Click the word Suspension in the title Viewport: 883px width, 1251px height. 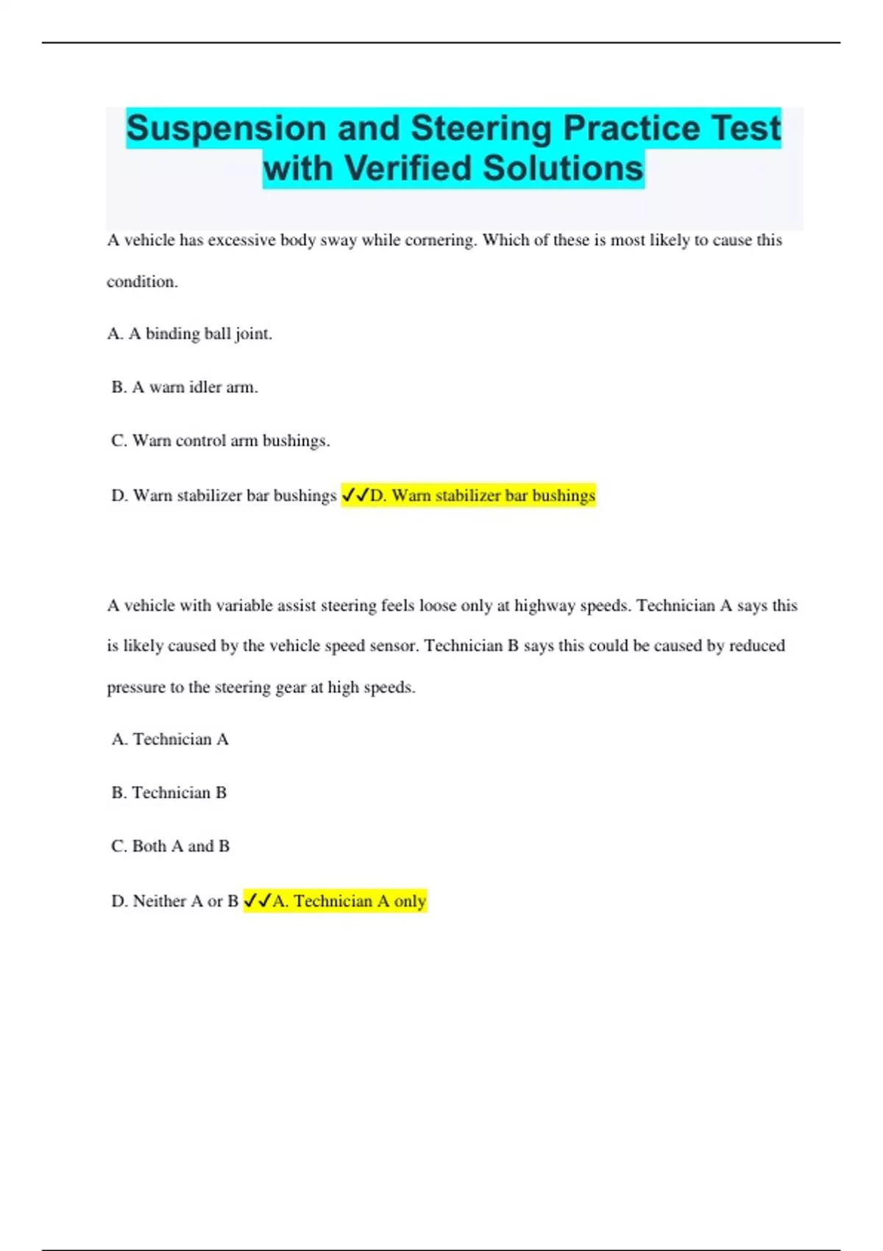click(x=226, y=129)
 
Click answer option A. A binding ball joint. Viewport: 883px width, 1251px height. click(x=190, y=334)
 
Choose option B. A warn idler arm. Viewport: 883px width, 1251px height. click(x=185, y=387)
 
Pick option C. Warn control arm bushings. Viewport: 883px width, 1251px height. click(x=220, y=441)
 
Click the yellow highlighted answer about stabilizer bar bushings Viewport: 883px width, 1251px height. click(x=482, y=495)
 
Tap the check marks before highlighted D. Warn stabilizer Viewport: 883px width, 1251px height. click(x=355, y=495)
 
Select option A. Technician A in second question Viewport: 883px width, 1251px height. click(x=170, y=739)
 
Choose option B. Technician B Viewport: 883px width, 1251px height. click(x=169, y=793)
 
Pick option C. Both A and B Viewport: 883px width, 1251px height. click(x=171, y=846)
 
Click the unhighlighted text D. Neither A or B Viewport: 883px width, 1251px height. click(x=174, y=901)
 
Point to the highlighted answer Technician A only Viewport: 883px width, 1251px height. click(x=349, y=901)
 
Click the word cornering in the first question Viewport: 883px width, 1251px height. click(x=440, y=240)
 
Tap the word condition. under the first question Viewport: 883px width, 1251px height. click(x=142, y=281)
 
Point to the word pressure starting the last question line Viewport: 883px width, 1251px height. click(x=136, y=687)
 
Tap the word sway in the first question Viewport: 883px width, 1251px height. click(x=338, y=240)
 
